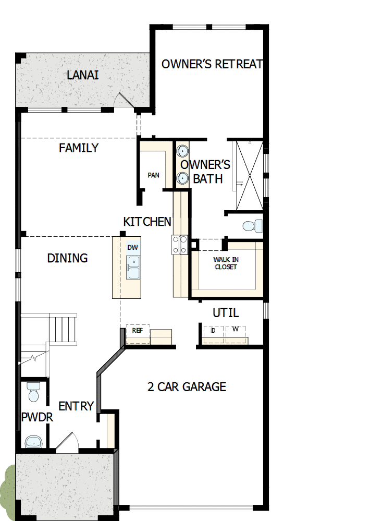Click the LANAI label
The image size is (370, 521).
[83, 75]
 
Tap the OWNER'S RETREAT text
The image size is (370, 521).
[212, 64]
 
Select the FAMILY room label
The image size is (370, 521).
[79, 148]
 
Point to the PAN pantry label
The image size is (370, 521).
[153, 175]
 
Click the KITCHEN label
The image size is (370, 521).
[147, 222]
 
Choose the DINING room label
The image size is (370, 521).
[67, 258]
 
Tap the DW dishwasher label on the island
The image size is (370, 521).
[133, 248]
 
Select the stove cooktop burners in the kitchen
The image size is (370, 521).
[180, 245]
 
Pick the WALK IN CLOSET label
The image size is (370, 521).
[225, 263]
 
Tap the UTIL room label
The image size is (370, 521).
[226, 313]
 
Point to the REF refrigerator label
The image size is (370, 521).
[138, 331]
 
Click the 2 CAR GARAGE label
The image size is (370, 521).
[187, 387]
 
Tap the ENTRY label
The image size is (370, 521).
[76, 406]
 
